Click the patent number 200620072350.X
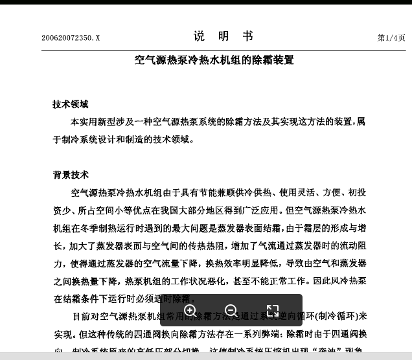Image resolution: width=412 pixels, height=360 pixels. click(x=71, y=38)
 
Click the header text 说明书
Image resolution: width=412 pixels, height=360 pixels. click(x=223, y=36)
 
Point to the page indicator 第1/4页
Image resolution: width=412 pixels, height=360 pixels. click(x=391, y=38)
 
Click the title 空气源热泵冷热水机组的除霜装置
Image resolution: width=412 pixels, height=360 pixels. click(x=214, y=60)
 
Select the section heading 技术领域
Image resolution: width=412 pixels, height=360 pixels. click(x=71, y=104)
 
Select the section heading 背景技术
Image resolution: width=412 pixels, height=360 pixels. click(x=71, y=175)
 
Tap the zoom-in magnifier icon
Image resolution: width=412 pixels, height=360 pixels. click(x=190, y=311)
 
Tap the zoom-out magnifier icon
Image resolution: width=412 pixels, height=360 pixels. click(x=231, y=311)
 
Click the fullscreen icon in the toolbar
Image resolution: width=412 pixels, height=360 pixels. click(x=273, y=311)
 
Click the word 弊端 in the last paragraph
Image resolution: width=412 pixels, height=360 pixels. click(x=271, y=334)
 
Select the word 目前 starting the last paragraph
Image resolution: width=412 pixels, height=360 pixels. click(x=81, y=317)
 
